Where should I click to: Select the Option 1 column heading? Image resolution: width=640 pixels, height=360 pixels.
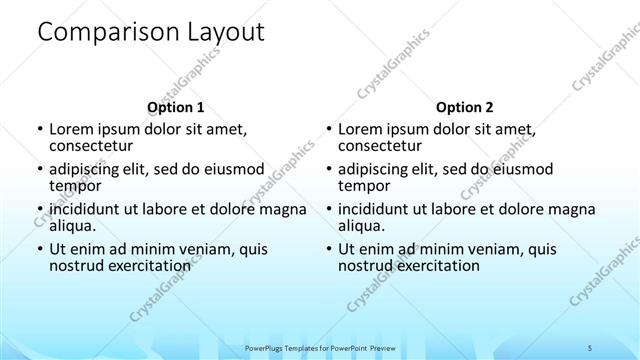(175, 106)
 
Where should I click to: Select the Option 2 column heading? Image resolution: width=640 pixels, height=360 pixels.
(465, 106)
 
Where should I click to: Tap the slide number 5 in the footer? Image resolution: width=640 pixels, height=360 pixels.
(591, 347)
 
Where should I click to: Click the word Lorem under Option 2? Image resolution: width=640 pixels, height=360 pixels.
(361, 129)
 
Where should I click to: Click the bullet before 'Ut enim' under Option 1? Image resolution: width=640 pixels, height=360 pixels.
(39, 249)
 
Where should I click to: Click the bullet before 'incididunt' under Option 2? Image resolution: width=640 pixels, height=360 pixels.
(329, 209)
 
